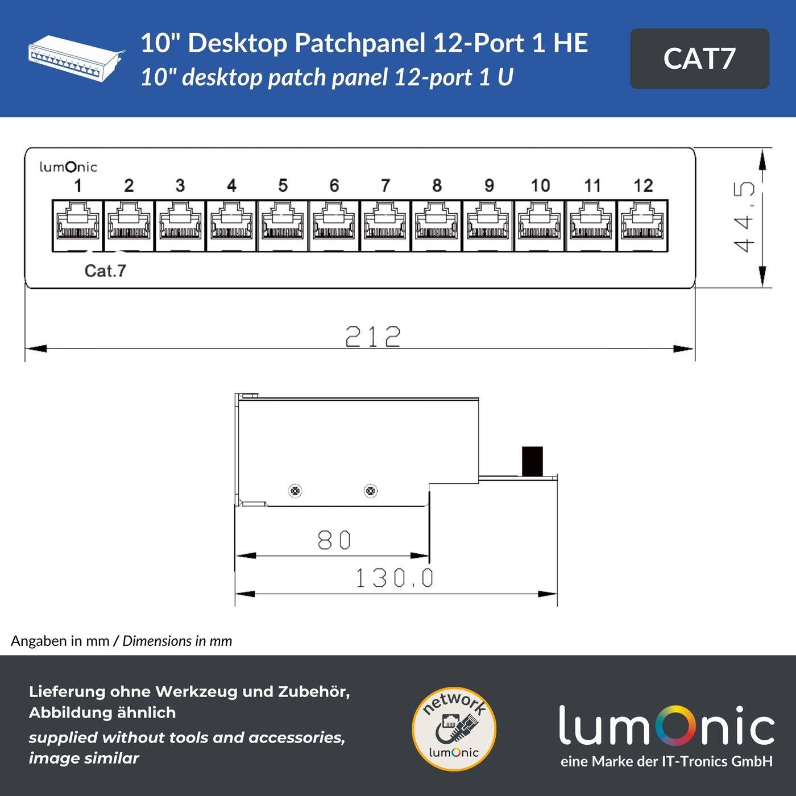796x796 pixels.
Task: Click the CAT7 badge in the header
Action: point(699,59)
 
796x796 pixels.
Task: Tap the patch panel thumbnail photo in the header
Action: point(76,59)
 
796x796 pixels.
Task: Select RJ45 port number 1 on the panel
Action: point(78,225)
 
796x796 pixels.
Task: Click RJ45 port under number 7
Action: point(385,225)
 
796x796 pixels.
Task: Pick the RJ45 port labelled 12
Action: point(642,225)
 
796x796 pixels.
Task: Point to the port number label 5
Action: point(283,185)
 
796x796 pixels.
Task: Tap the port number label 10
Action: point(540,185)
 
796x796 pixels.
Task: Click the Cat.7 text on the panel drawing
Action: point(105,271)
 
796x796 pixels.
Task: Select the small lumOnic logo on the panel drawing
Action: point(68,167)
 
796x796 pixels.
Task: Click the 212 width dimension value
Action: point(373,337)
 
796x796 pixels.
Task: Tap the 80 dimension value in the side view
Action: point(334,540)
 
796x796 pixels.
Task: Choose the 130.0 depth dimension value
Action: point(395,579)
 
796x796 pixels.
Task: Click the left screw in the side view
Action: point(295,491)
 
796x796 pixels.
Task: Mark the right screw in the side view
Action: point(370,491)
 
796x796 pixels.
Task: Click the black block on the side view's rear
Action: point(532,461)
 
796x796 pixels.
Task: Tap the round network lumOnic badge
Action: point(454,729)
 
